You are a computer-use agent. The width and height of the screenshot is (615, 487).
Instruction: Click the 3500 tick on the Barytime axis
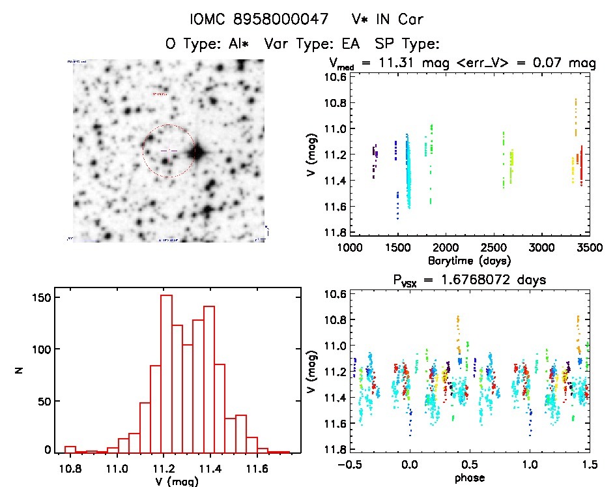[590, 248]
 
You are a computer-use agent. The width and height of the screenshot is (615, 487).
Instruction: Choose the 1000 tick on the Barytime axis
[350, 248]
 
